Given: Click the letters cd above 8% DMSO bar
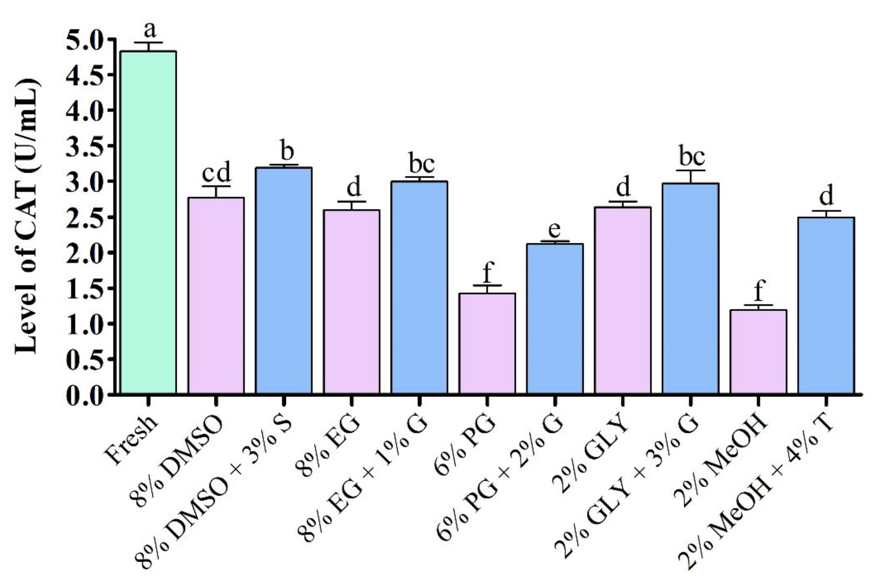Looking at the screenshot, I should coord(216,172).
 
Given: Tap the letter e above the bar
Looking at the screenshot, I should coord(555,230).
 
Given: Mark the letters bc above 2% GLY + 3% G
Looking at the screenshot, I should coord(691,157).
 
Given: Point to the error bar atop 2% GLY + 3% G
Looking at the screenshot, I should coord(691,176).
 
